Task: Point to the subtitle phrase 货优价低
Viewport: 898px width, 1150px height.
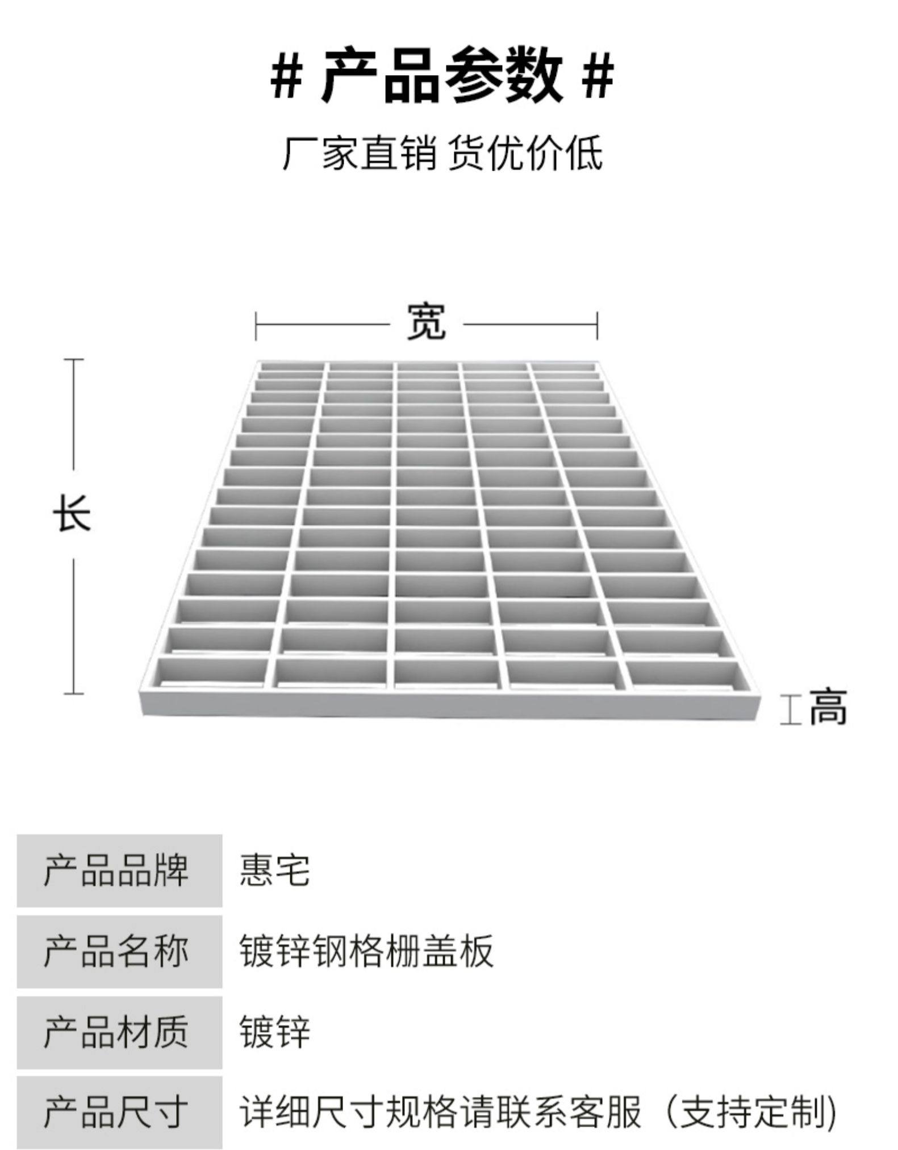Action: (525, 152)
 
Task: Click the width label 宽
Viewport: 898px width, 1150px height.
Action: (426, 322)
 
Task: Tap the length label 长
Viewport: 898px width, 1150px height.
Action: (72, 513)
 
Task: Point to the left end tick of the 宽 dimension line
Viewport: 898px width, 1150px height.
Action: (256, 326)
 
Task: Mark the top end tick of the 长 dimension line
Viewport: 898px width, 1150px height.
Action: (73, 359)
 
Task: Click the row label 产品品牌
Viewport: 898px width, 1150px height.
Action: (116, 870)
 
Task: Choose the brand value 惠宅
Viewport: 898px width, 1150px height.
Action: (275, 870)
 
